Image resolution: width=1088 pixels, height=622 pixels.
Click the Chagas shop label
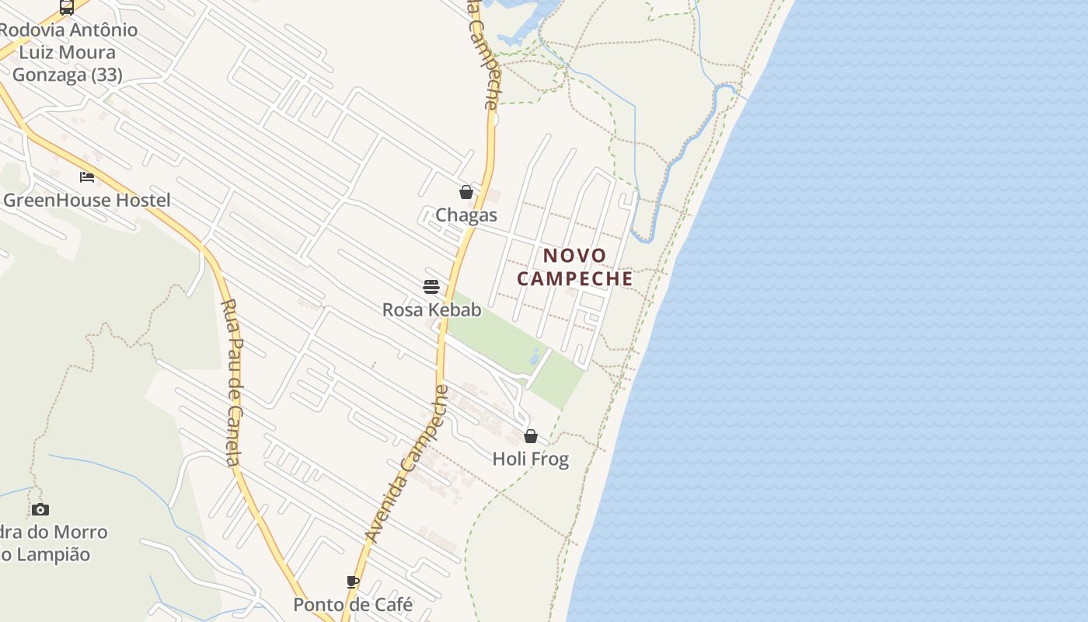[x=466, y=215]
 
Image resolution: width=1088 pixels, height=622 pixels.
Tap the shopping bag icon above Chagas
[x=466, y=192]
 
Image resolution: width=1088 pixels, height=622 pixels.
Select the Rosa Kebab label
[x=431, y=309]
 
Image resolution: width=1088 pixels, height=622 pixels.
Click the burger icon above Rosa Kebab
[x=431, y=286]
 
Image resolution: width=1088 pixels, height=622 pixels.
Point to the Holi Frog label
[x=531, y=459]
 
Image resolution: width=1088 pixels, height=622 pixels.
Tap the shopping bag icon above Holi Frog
[x=531, y=436]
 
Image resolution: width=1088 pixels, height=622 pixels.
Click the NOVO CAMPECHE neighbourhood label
[x=575, y=267]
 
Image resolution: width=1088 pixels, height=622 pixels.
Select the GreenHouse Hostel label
[x=86, y=200]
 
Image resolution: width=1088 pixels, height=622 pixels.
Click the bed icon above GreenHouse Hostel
[x=87, y=177]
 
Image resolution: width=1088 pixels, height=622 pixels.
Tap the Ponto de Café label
[x=353, y=604]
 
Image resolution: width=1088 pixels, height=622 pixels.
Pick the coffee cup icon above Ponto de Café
[x=353, y=582]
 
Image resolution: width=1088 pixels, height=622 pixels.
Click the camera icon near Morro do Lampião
[x=40, y=510]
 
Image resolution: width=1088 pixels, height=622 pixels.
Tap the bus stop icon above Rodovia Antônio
[x=67, y=8]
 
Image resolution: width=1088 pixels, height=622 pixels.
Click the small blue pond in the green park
[x=535, y=357]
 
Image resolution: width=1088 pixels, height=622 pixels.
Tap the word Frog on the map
[x=551, y=459]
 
